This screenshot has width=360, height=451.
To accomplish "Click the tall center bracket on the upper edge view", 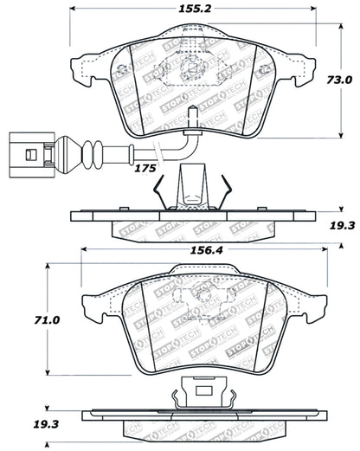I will (x=191, y=186).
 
